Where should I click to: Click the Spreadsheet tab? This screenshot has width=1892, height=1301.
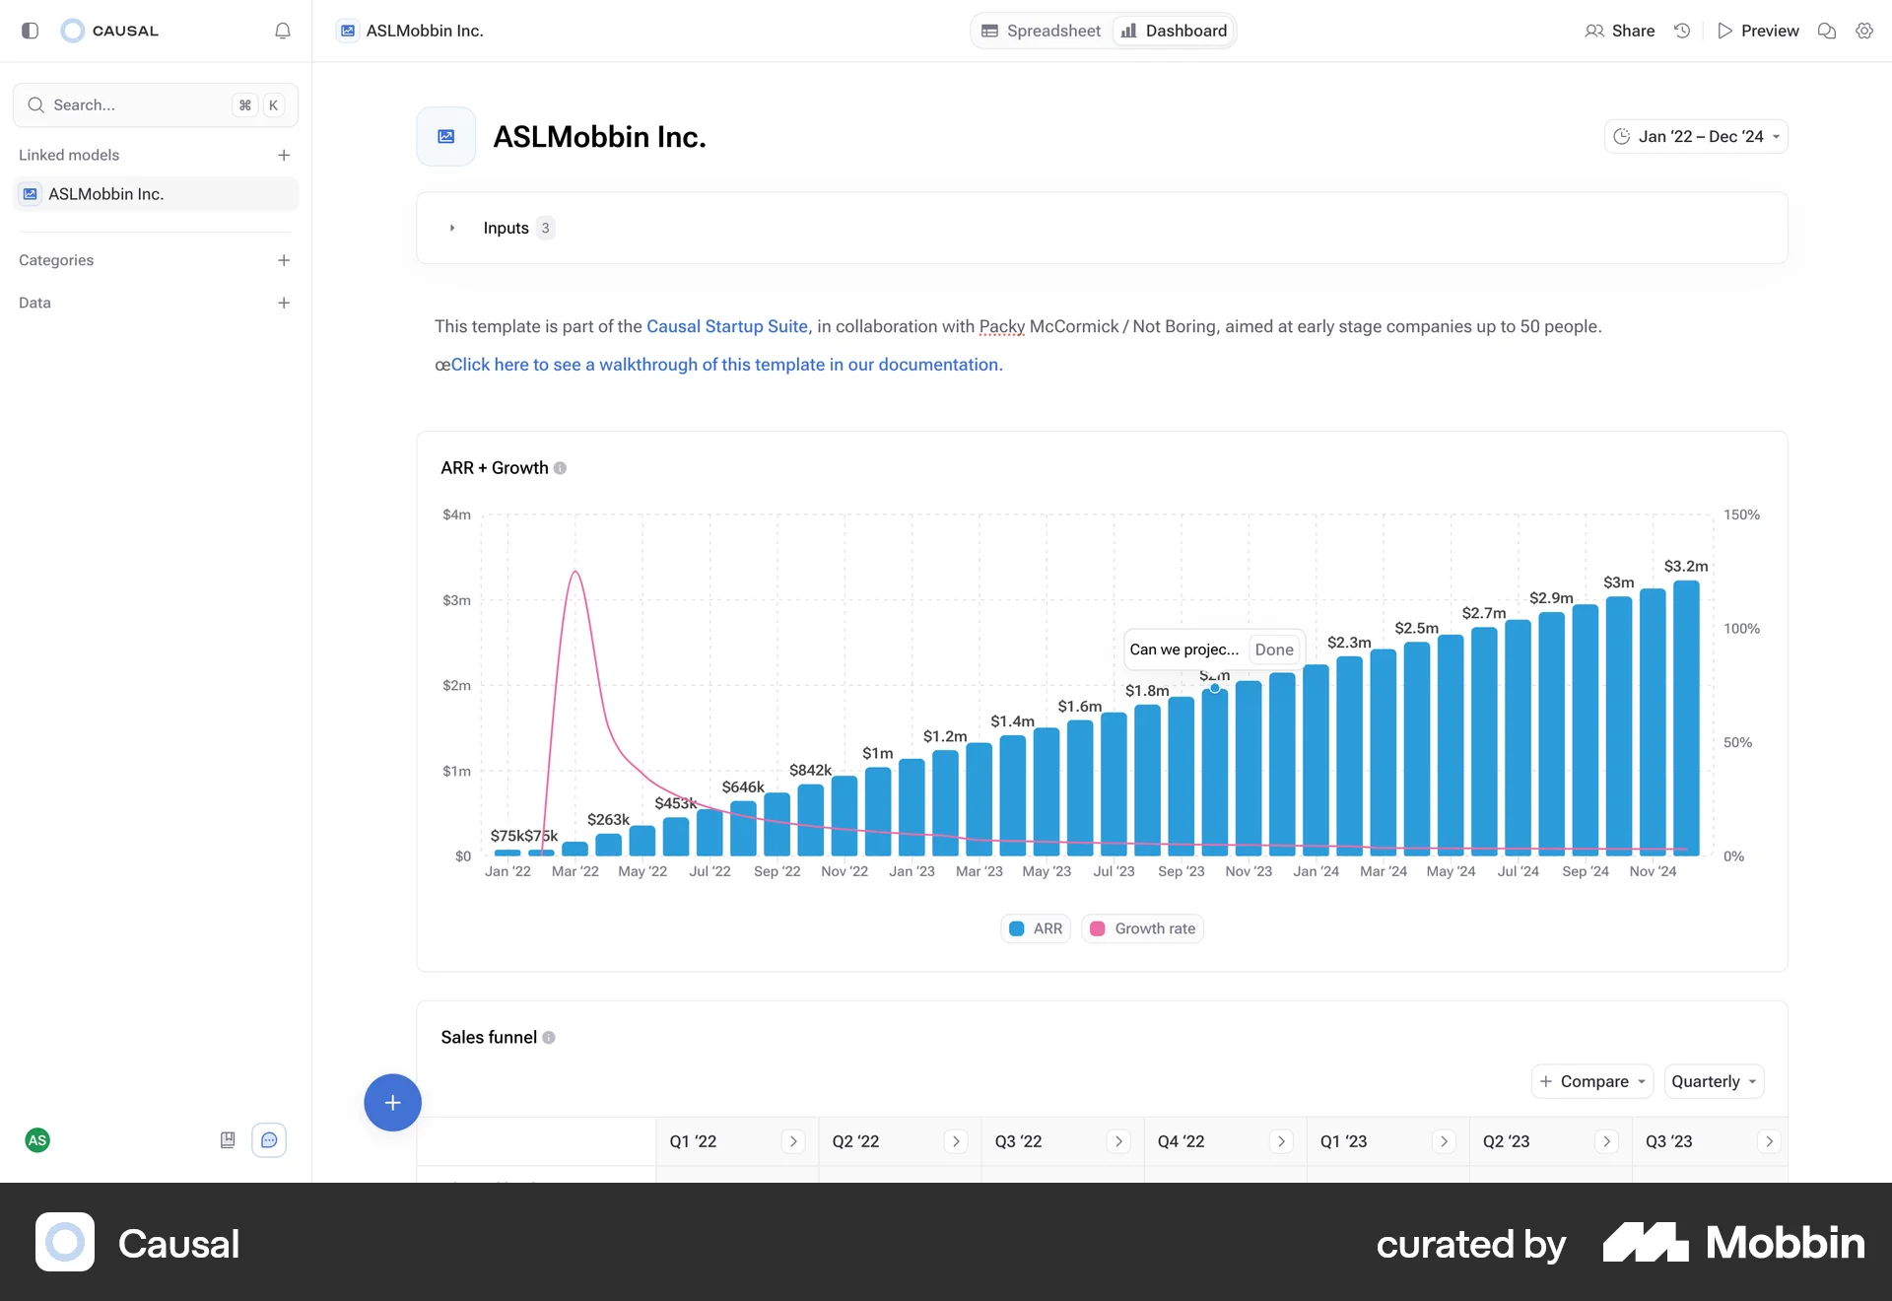pos(1042,31)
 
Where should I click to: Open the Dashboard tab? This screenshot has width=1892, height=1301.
pos(1174,31)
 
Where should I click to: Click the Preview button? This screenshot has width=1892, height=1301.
pos(1758,31)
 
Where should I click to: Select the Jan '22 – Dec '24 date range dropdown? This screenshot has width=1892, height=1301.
pos(1696,137)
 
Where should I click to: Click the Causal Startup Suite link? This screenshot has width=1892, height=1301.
pos(726,326)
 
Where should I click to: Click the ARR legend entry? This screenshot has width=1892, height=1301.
pos(1036,928)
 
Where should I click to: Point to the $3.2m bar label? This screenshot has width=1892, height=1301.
pos(1685,567)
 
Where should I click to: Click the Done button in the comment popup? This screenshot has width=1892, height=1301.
pos(1273,650)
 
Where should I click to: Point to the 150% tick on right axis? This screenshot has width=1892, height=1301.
pos(1740,514)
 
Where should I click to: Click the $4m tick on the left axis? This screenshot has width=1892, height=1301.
pos(456,514)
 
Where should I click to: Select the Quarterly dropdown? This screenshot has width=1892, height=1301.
pos(1713,1081)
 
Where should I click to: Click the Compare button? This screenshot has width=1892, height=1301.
pos(1592,1081)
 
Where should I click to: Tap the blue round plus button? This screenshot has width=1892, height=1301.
pos(392,1102)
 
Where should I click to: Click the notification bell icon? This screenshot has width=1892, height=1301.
pos(283,31)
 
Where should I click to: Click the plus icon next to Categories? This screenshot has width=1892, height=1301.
pos(284,260)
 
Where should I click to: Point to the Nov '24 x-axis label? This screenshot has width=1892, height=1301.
pos(1652,871)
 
